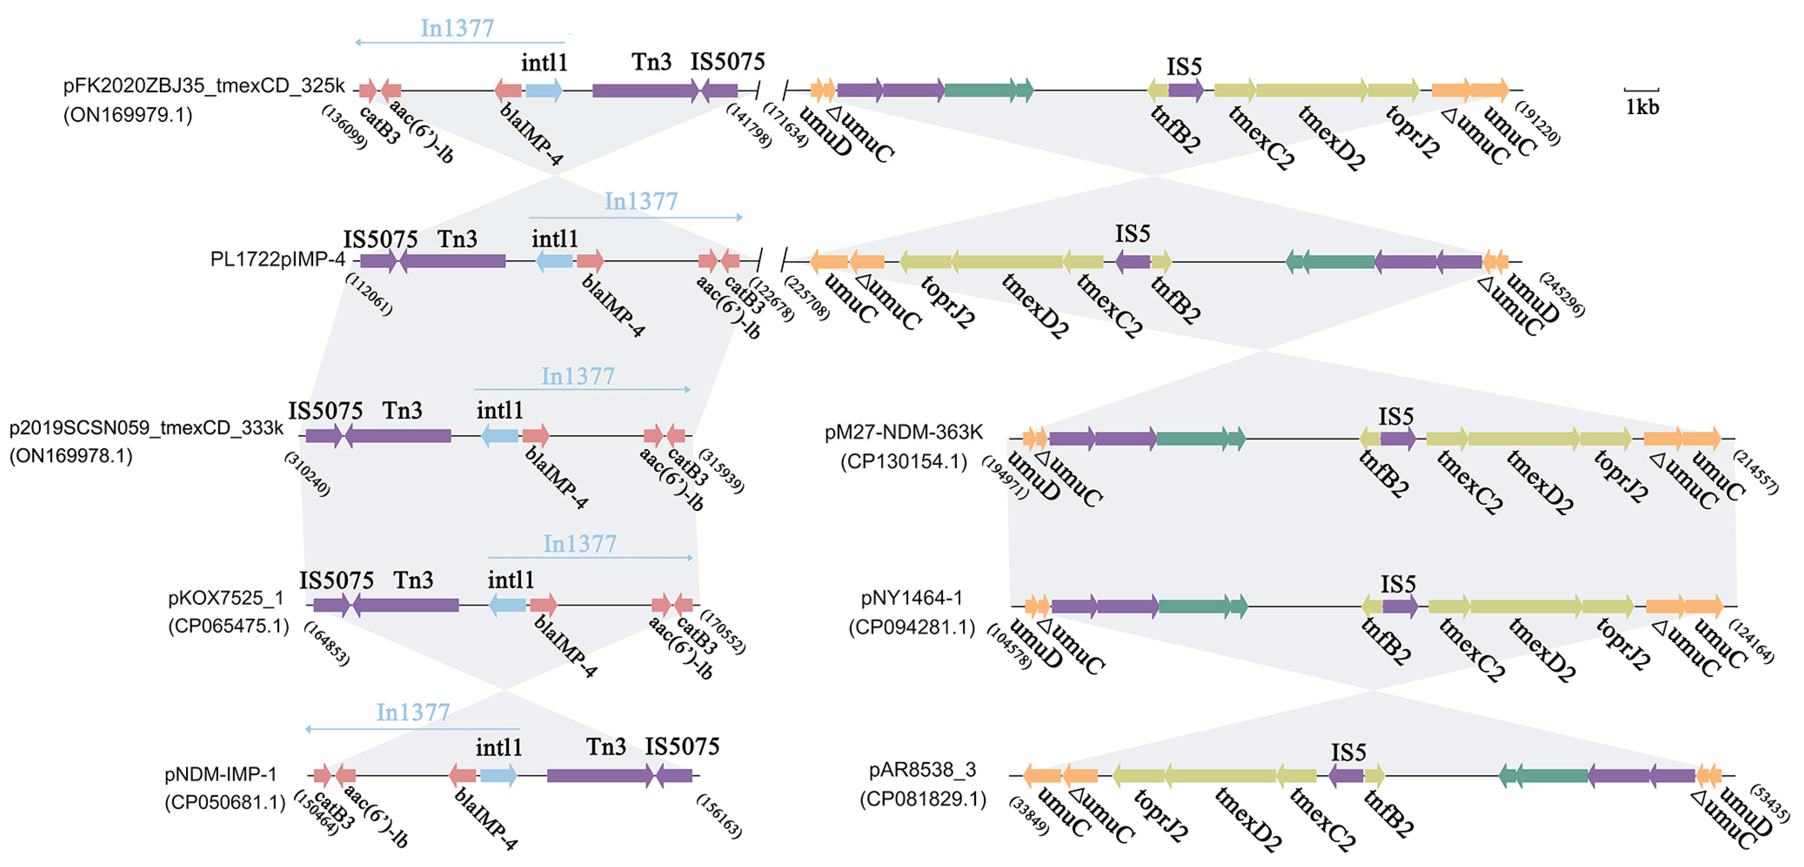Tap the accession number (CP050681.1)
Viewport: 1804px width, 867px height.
(x=225, y=802)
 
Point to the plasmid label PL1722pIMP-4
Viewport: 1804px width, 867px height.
(x=277, y=260)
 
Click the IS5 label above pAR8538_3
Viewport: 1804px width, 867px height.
(x=1348, y=753)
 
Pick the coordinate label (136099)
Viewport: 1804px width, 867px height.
(x=344, y=127)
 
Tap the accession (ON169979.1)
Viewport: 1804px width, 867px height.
(x=128, y=115)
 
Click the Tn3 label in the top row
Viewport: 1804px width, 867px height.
(x=652, y=62)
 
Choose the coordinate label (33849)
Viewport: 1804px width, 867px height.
(x=1029, y=816)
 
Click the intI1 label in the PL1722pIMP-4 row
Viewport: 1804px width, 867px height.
(x=555, y=239)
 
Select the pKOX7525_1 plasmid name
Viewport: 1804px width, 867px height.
(x=226, y=598)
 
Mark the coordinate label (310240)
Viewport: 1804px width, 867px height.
(x=307, y=474)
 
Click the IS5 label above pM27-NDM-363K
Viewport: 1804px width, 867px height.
(x=1396, y=417)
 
